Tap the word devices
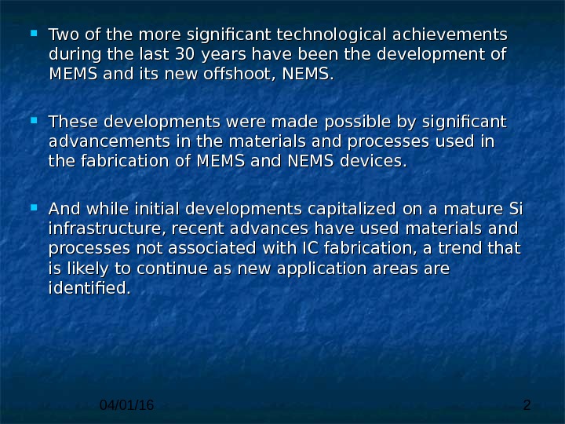pyautogui.click(x=377, y=161)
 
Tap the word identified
pyautogui.click(x=87, y=287)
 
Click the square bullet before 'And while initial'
pyautogui.click(x=34, y=208)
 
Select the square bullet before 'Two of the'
pyautogui.click(x=34, y=35)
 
